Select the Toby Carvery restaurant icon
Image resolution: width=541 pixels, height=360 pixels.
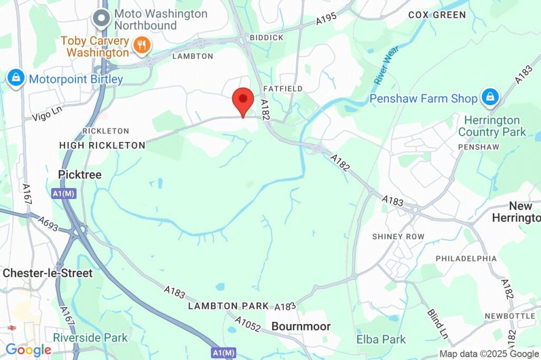click(x=141, y=45)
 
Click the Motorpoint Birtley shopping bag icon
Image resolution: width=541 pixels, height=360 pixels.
click(x=16, y=79)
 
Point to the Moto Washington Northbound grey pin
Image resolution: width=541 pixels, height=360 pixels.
click(x=100, y=18)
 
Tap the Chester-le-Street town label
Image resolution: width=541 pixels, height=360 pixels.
click(x=48, y=273)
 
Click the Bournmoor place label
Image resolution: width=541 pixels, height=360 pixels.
click(x=301, y=327)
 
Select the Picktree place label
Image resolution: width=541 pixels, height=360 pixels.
click(x=80, y=174)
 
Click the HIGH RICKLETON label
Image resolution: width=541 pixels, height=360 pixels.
click(x=102, y=145)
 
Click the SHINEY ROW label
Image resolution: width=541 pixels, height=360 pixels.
click(x=398, y=236)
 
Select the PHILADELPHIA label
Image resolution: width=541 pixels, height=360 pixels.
click(x=466, y=259)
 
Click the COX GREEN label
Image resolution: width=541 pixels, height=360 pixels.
click(x=437, y=15)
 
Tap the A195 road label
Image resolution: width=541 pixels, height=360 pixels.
click(x=327, y=20)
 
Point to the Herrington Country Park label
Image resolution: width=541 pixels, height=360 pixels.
click(x=492, y=126)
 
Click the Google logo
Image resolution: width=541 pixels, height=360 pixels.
click(x=28, y=349)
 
